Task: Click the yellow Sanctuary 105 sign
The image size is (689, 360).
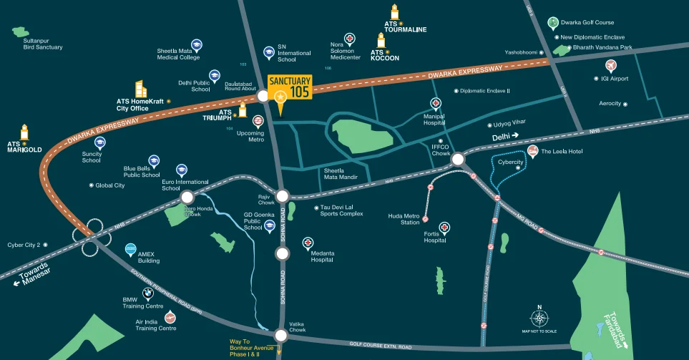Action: tap(290, 85)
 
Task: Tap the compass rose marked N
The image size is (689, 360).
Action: tap(539, 318)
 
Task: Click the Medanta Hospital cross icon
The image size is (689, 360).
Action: tap(308, 243)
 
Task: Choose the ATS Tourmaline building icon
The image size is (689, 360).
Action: tap(394, 13)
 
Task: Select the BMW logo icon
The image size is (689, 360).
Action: tap(147, 293)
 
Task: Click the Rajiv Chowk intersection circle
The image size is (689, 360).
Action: tap(282, 195)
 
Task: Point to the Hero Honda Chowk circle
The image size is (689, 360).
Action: tap(187, 198)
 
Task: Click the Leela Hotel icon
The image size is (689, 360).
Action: tap(533, 151)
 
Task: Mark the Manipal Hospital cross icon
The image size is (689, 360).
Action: tap(435, 104)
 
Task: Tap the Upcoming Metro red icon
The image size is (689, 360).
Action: tap(258, 121)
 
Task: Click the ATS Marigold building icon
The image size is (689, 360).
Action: tap(24, 132)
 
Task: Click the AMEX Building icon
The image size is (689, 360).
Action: tap(130, 249)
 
